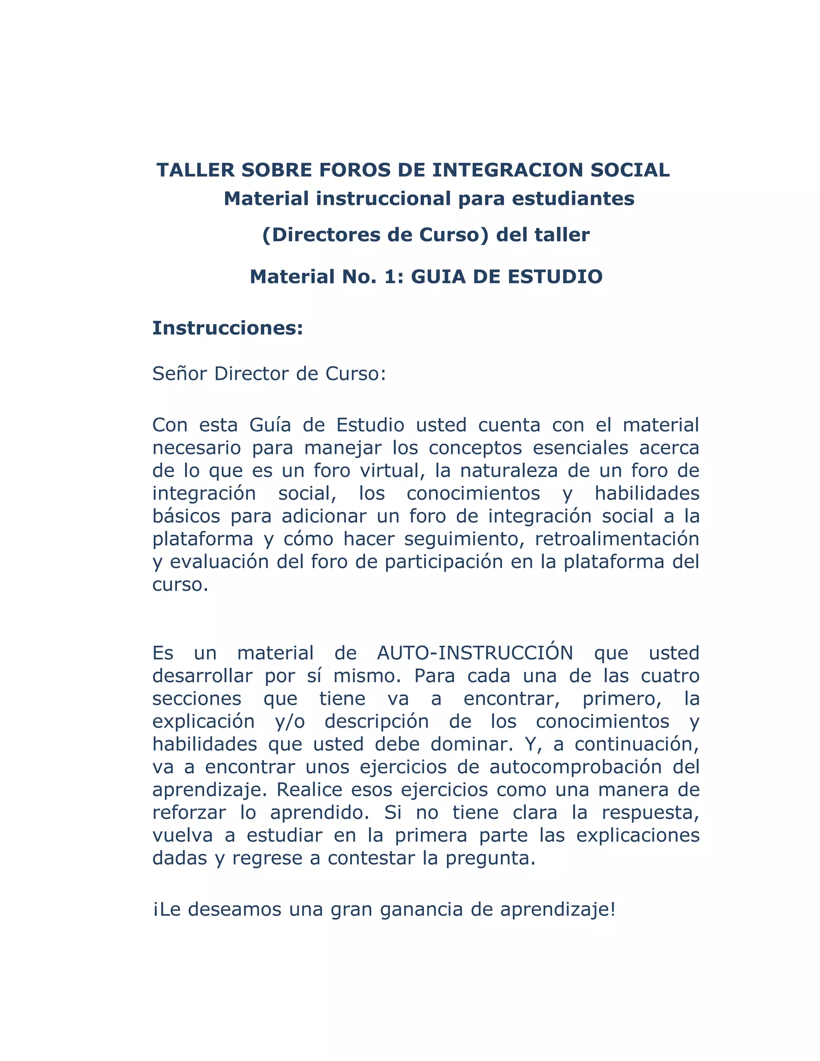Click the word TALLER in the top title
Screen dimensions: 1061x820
pos(195,170)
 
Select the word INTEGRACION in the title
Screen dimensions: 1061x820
pos(508,170)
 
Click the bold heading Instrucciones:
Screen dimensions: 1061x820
pos(228,328)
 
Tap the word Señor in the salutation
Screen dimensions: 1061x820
pos(180,374)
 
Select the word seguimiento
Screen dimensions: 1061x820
pos(464,539)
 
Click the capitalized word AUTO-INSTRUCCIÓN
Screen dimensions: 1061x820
pos(475,653)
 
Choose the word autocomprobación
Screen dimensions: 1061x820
pos(576,767)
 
